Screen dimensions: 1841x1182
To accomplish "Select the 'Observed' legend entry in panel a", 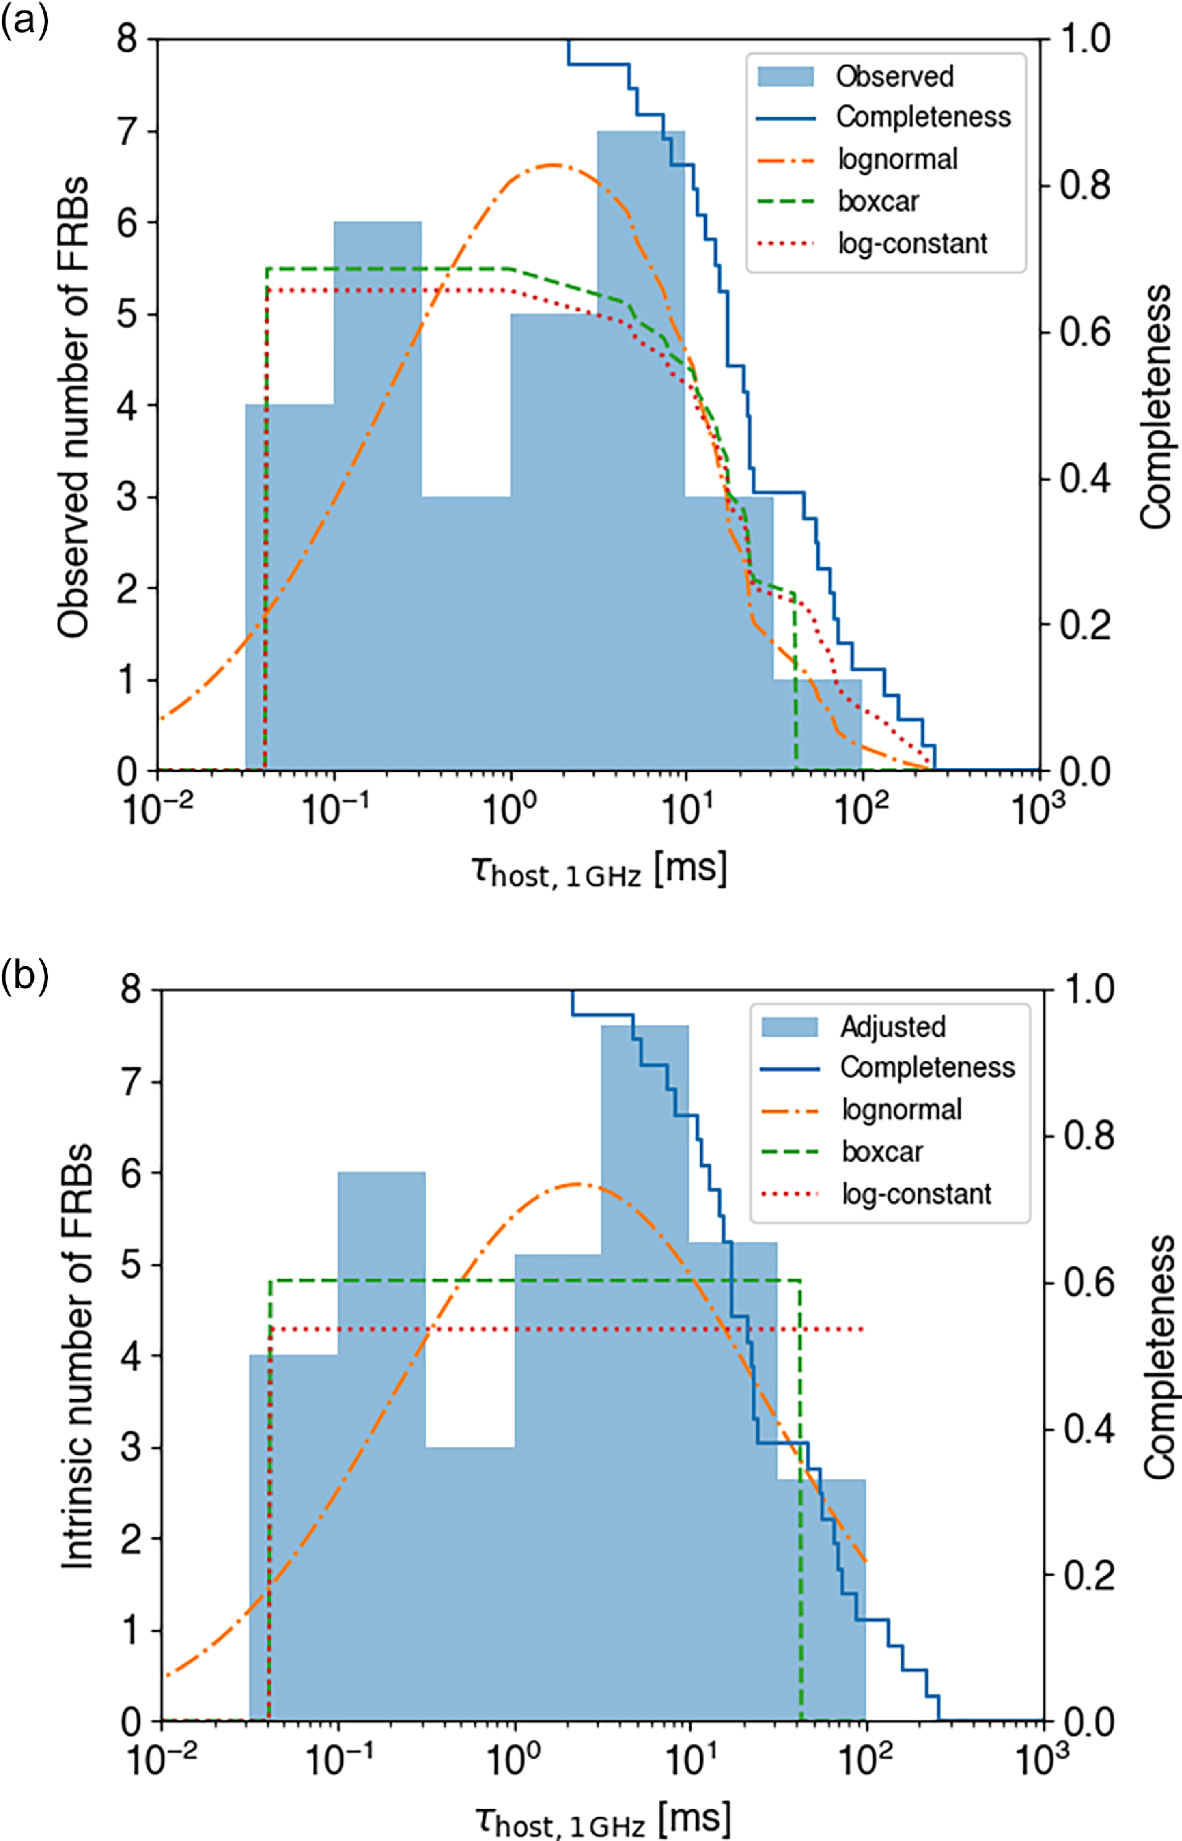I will click(894, 76).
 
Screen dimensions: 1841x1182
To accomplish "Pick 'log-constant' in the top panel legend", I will click(912, 243).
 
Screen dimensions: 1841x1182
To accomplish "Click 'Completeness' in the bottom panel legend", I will click(927, 1067).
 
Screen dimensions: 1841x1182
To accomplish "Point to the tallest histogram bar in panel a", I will click(641, 460).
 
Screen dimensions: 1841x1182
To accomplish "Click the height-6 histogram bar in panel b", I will click(381, 1458).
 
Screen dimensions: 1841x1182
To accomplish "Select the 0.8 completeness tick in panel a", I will click(1084, 186).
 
